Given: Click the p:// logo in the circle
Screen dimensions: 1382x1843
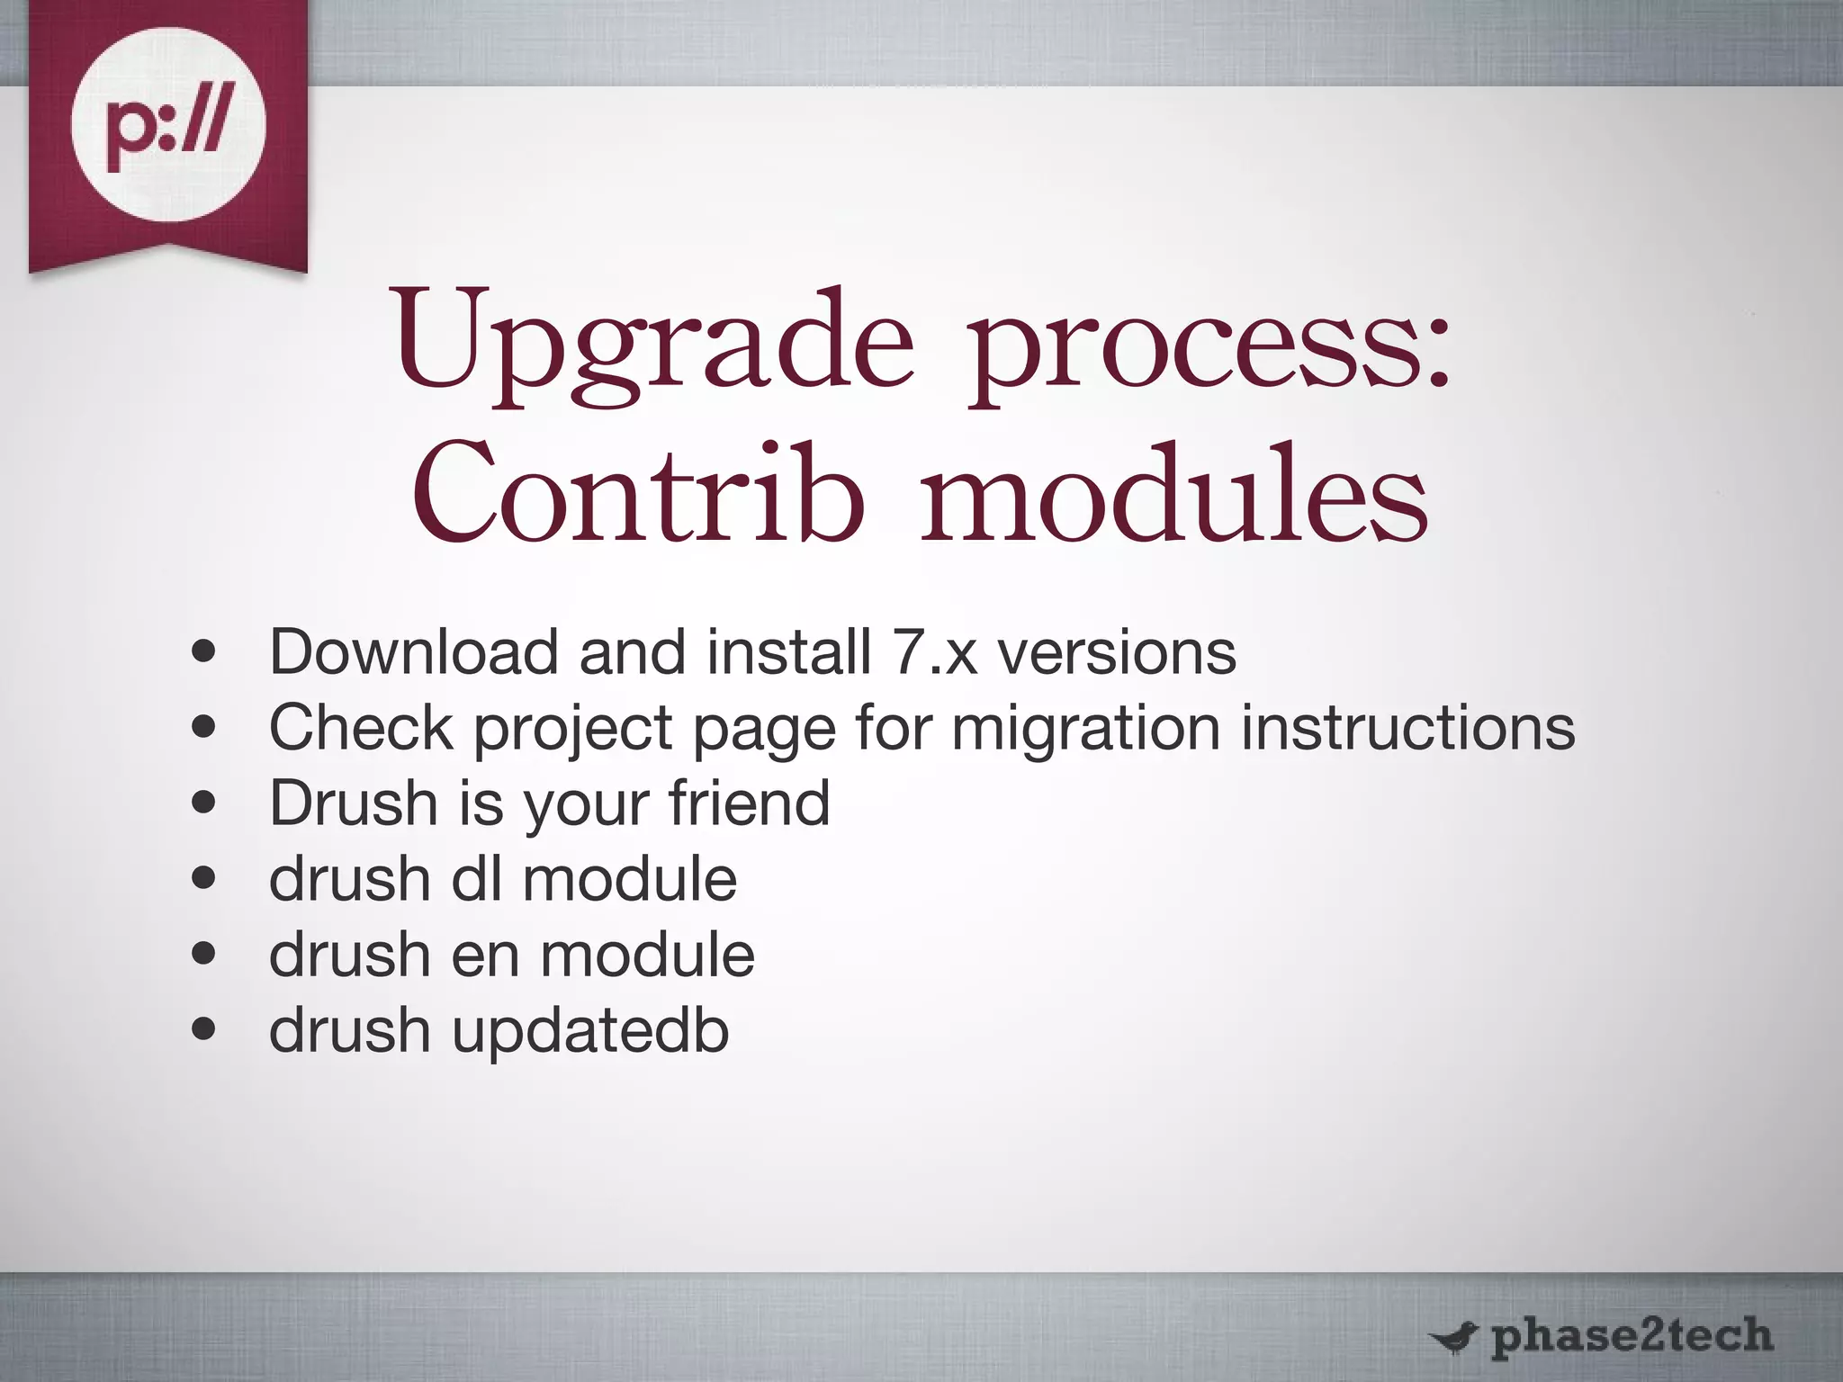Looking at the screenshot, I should click(168, 124).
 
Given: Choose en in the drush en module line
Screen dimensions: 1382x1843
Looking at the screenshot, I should click(485, 956).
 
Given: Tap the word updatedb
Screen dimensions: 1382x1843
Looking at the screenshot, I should click(590, 1031).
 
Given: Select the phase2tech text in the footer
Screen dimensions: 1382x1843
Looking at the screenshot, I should click(1631, 1335).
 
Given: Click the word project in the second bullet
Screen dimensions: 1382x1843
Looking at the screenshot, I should click(573, 729).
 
